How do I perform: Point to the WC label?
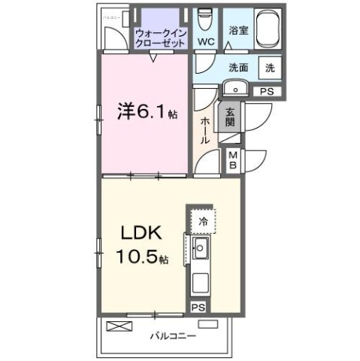coord(204,41)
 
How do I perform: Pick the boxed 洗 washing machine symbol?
coord(270,66)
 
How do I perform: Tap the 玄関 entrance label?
coord(229,116)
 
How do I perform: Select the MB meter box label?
coord(233,159)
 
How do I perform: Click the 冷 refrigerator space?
coord(201,221)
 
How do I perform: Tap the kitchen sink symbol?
coord(201,249)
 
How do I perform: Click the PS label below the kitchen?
coord(198,308)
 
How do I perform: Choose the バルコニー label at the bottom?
coord(171,335)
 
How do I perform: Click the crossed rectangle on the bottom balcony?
coord(118,326)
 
